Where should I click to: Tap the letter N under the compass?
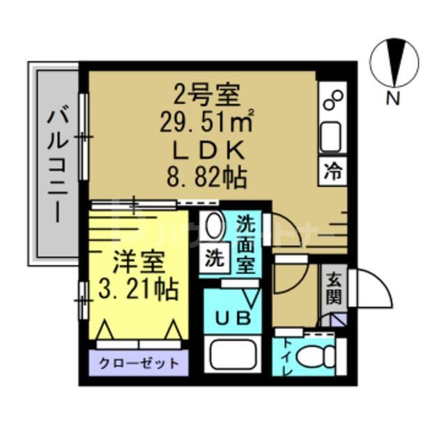click(x=394, y=99)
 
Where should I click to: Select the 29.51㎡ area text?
click(x=206, y=123)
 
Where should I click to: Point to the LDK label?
click(x=206, y=151)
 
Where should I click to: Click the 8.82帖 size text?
click(x=207, y=177)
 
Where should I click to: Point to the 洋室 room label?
click(x=139, y=263)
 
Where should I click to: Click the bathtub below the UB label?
click(x=234, y=357)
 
